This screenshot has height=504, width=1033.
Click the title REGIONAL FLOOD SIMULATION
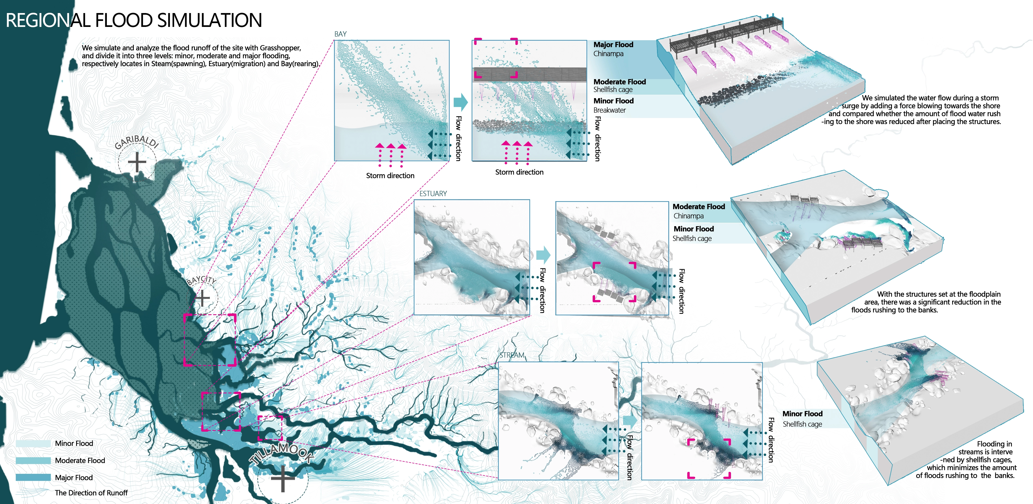(133, 20)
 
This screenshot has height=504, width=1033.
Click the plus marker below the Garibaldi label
(137, 162)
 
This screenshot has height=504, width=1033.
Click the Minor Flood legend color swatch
(33, 443)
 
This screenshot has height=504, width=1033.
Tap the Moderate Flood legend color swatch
(33, 460)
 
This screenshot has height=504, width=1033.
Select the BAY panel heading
(340, 34)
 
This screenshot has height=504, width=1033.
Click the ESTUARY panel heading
(433, 194)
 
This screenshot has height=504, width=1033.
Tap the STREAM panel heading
(512, 355)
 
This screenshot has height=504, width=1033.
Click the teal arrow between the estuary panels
(543, 255)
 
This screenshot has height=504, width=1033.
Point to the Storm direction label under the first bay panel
(390, 176)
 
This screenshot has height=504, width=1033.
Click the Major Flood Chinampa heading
(613, 45)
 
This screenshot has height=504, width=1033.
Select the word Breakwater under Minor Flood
(609, 110)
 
